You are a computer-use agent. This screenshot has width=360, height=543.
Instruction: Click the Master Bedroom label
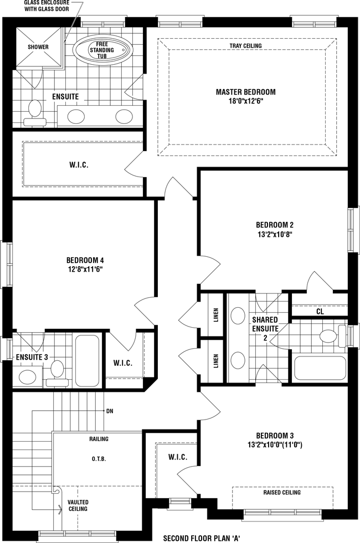246,92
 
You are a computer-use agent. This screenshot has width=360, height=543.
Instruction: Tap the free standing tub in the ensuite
102,50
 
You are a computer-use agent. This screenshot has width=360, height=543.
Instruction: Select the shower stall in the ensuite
38,46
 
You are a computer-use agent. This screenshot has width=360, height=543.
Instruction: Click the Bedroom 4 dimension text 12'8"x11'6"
85,270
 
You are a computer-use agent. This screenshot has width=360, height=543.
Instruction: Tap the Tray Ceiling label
246,46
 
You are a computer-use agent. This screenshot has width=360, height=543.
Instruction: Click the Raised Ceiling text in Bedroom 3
282,493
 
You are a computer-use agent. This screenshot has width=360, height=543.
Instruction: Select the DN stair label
110,411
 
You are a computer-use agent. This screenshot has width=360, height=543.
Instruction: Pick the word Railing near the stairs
99,439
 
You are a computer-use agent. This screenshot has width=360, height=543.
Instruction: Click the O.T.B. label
99,459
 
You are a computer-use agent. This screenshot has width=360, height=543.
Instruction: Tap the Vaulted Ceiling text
78,505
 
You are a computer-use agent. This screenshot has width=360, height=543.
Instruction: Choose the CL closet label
320,312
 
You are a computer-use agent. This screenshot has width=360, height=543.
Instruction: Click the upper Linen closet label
216,315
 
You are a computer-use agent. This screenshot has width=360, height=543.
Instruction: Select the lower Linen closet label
216,361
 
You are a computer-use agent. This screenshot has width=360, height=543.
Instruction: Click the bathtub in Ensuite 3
88,360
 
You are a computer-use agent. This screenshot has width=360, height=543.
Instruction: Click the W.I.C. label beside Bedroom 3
178,457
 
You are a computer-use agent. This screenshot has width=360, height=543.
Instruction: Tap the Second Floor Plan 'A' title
202,538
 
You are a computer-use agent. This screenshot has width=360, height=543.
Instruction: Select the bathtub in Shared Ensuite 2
320,368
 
